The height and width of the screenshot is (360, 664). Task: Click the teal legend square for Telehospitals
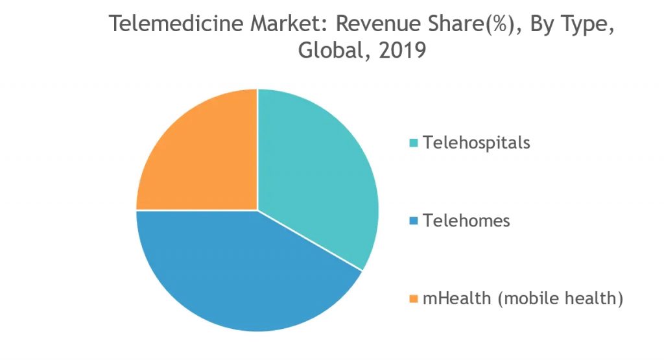(414, 142)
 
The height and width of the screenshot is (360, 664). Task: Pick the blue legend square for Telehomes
(414, 221)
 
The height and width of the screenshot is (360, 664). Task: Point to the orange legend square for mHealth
(414, 299)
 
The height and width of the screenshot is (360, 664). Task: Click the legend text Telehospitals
(477, 142)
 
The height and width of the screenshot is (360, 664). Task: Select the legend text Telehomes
(466, 221)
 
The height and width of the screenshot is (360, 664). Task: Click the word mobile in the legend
(531, 298)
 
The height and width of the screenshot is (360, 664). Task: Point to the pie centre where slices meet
(257, 210)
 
